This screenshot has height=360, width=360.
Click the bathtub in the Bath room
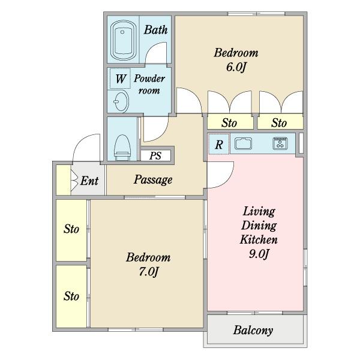[123, 41]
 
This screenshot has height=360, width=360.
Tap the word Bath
[155, 30]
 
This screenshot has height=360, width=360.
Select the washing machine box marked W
[121, 78]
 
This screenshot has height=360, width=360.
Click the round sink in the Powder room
[121, 101]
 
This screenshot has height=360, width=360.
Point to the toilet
[122, 148]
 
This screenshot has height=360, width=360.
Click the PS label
[155, 155]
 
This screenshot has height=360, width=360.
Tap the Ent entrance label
[89, 181]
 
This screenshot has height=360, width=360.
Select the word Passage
[153, 180]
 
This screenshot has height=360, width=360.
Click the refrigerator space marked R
[219, 145]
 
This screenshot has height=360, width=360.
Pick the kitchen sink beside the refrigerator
[243, 143]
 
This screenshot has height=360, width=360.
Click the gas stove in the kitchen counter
[280, 143]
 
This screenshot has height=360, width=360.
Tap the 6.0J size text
[236, 67]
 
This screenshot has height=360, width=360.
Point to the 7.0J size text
[148, 272]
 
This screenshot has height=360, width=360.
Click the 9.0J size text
[259, 254]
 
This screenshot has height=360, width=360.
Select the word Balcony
[253, 331]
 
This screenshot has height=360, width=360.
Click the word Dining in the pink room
[259, 226]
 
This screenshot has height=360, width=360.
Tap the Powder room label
[149, 84]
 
